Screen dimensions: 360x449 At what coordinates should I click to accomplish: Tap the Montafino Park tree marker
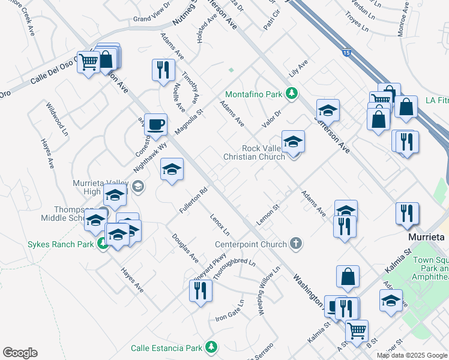click(291, 93)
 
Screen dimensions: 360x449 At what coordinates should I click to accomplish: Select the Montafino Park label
click(253, 94)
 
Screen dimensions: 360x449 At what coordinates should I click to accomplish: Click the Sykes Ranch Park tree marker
click(103, 244)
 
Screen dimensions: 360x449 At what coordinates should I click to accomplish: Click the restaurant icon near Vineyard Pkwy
click(200, 291)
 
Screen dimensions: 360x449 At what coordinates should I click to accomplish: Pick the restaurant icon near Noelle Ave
click(161, 70)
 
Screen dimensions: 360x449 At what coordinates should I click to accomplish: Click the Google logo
click(20, 353)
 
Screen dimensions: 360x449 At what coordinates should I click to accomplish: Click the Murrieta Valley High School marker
click(137, 187)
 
